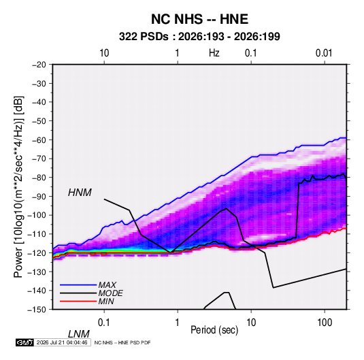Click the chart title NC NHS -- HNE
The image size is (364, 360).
click(x=199, y=19)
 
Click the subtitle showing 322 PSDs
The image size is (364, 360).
click(x=199, y=37)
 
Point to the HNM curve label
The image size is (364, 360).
click(x=80, y=193)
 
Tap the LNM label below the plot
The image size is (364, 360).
click(x=79, y=334)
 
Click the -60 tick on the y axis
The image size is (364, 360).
click(x=39, y=140)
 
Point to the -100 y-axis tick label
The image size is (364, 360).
click(x=37, y=215)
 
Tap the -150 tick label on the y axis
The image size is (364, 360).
click(x=37, y=310)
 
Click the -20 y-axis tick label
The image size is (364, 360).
click(x=39, y=65)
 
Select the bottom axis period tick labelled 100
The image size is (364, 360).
click(x=325, y=323)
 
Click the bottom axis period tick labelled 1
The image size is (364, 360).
click(x=178, y=323)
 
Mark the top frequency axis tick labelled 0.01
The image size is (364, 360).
click(x=324, y=53)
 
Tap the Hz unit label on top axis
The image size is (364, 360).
click(x=214, y=53)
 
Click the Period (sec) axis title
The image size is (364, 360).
click(x=214, y=330)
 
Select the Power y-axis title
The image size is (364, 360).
click(x=18, y=186)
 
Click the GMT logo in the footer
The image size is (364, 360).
click(x=25, y=342)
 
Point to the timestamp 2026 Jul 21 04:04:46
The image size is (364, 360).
click(x=62, y=342)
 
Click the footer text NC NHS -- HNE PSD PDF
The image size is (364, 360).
click(x=122, y=342)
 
